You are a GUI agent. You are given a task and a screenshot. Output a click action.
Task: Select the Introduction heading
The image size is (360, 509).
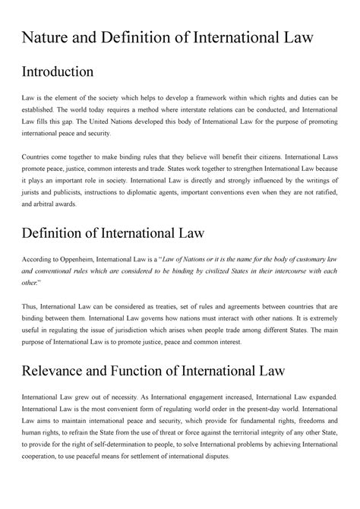(58, 72)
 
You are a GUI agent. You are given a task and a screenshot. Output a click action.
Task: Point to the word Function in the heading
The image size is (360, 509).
(156, 371)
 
